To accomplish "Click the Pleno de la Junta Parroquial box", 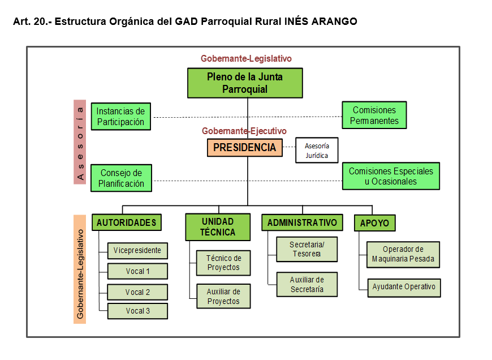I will coord(245,83).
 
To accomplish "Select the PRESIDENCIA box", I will coord(244,148).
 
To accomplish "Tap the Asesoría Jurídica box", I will coord(317,150).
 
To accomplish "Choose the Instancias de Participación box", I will coord(120,116).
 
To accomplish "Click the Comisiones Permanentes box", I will coord(374,115).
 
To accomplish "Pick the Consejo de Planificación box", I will coord(121,178).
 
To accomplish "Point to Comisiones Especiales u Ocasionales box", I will coord(391,176).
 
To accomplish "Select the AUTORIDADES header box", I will coord(126,222).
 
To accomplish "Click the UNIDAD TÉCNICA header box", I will coord(218,226).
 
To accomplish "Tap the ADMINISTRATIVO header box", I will coord(302,222).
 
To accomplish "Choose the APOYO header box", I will coord(374,223).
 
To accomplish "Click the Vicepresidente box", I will coord(137,250).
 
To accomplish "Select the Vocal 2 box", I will coord(137,292).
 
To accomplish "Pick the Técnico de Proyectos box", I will coord(223,263).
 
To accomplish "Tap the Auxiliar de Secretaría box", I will coord(307,284).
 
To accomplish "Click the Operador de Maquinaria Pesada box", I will coord(403,255).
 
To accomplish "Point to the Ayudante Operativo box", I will coord(403,287).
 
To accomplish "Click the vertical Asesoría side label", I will coord(80,142).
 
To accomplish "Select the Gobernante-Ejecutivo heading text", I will coord(244,131).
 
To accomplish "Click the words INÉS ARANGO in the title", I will coord(322,22).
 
